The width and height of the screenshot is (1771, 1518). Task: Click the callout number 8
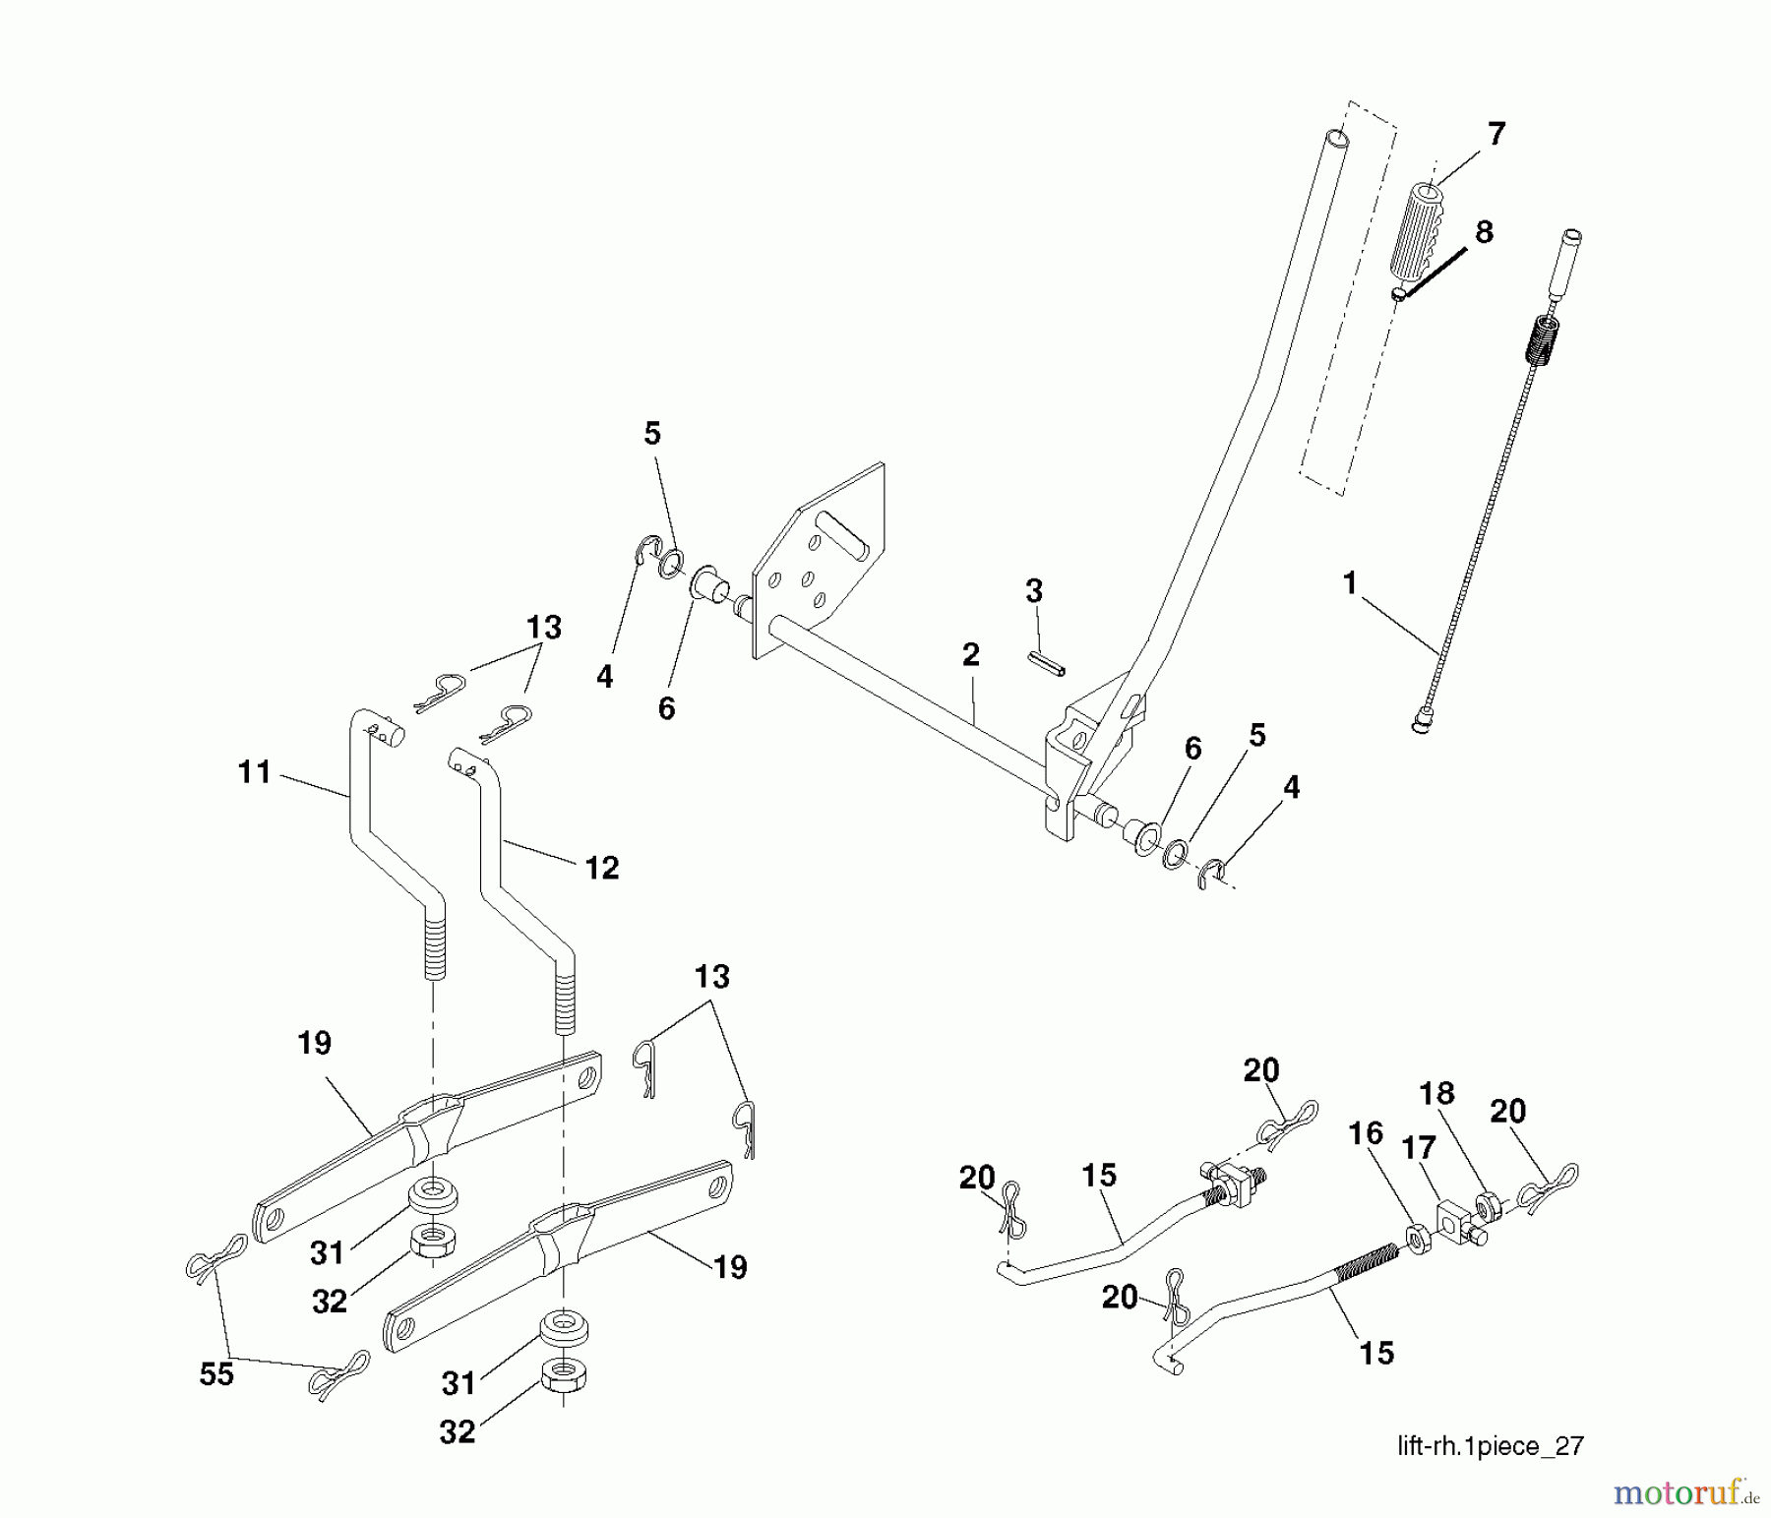tap(1484, 232)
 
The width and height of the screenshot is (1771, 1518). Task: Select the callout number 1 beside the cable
tap(1350, 583)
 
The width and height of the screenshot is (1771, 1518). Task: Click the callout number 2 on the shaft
tap(971, 654)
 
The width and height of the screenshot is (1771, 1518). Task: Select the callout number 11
tap(255, 772)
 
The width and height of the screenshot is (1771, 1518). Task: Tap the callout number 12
tap(601, 868)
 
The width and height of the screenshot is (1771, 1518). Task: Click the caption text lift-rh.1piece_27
tap(1490, 1445)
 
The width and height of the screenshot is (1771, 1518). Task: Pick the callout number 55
tap(216, 1373)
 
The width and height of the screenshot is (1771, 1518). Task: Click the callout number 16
tap(1366, 1133)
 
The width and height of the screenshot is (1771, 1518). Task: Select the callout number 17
tap(1418, 1148)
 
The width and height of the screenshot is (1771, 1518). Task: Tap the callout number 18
tap(1436, 1093)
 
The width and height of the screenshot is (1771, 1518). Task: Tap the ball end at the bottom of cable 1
tap(1422, 726)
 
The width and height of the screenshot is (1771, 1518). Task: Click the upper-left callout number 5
tap(652, 434)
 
